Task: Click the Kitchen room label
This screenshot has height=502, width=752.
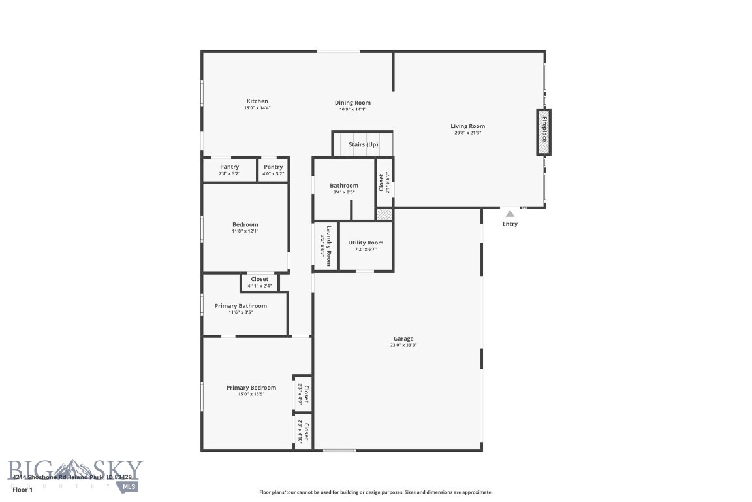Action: [257, 101]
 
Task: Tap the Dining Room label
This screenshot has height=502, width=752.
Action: [352, 103]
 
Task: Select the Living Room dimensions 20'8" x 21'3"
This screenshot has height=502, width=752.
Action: [467, 133]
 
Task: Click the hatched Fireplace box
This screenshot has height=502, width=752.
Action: [543, 132]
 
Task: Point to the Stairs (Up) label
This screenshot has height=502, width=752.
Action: [363, 144]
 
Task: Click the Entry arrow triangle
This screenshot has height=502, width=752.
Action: [510, 214]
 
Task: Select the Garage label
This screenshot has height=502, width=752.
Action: [403, 339]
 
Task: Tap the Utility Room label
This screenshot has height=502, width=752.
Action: [366, 243]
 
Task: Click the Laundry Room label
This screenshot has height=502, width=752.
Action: [329, 245]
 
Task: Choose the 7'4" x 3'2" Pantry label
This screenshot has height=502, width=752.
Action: [229, 167]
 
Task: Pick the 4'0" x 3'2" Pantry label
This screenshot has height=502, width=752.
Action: [274, 167]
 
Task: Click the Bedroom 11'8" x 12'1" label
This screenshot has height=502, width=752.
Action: [245, 225]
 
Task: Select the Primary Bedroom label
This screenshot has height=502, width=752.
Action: [251, 388]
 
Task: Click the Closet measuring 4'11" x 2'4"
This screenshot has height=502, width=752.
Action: [260, 280]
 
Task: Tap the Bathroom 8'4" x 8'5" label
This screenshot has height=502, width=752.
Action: [343, 186]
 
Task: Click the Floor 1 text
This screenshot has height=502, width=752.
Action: [22, 489]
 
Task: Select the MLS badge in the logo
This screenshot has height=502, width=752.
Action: [129, 486]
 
